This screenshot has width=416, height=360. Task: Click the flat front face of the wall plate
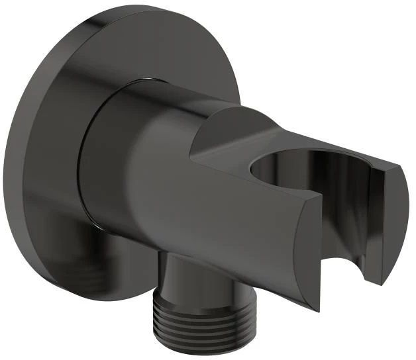(53, 165)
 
